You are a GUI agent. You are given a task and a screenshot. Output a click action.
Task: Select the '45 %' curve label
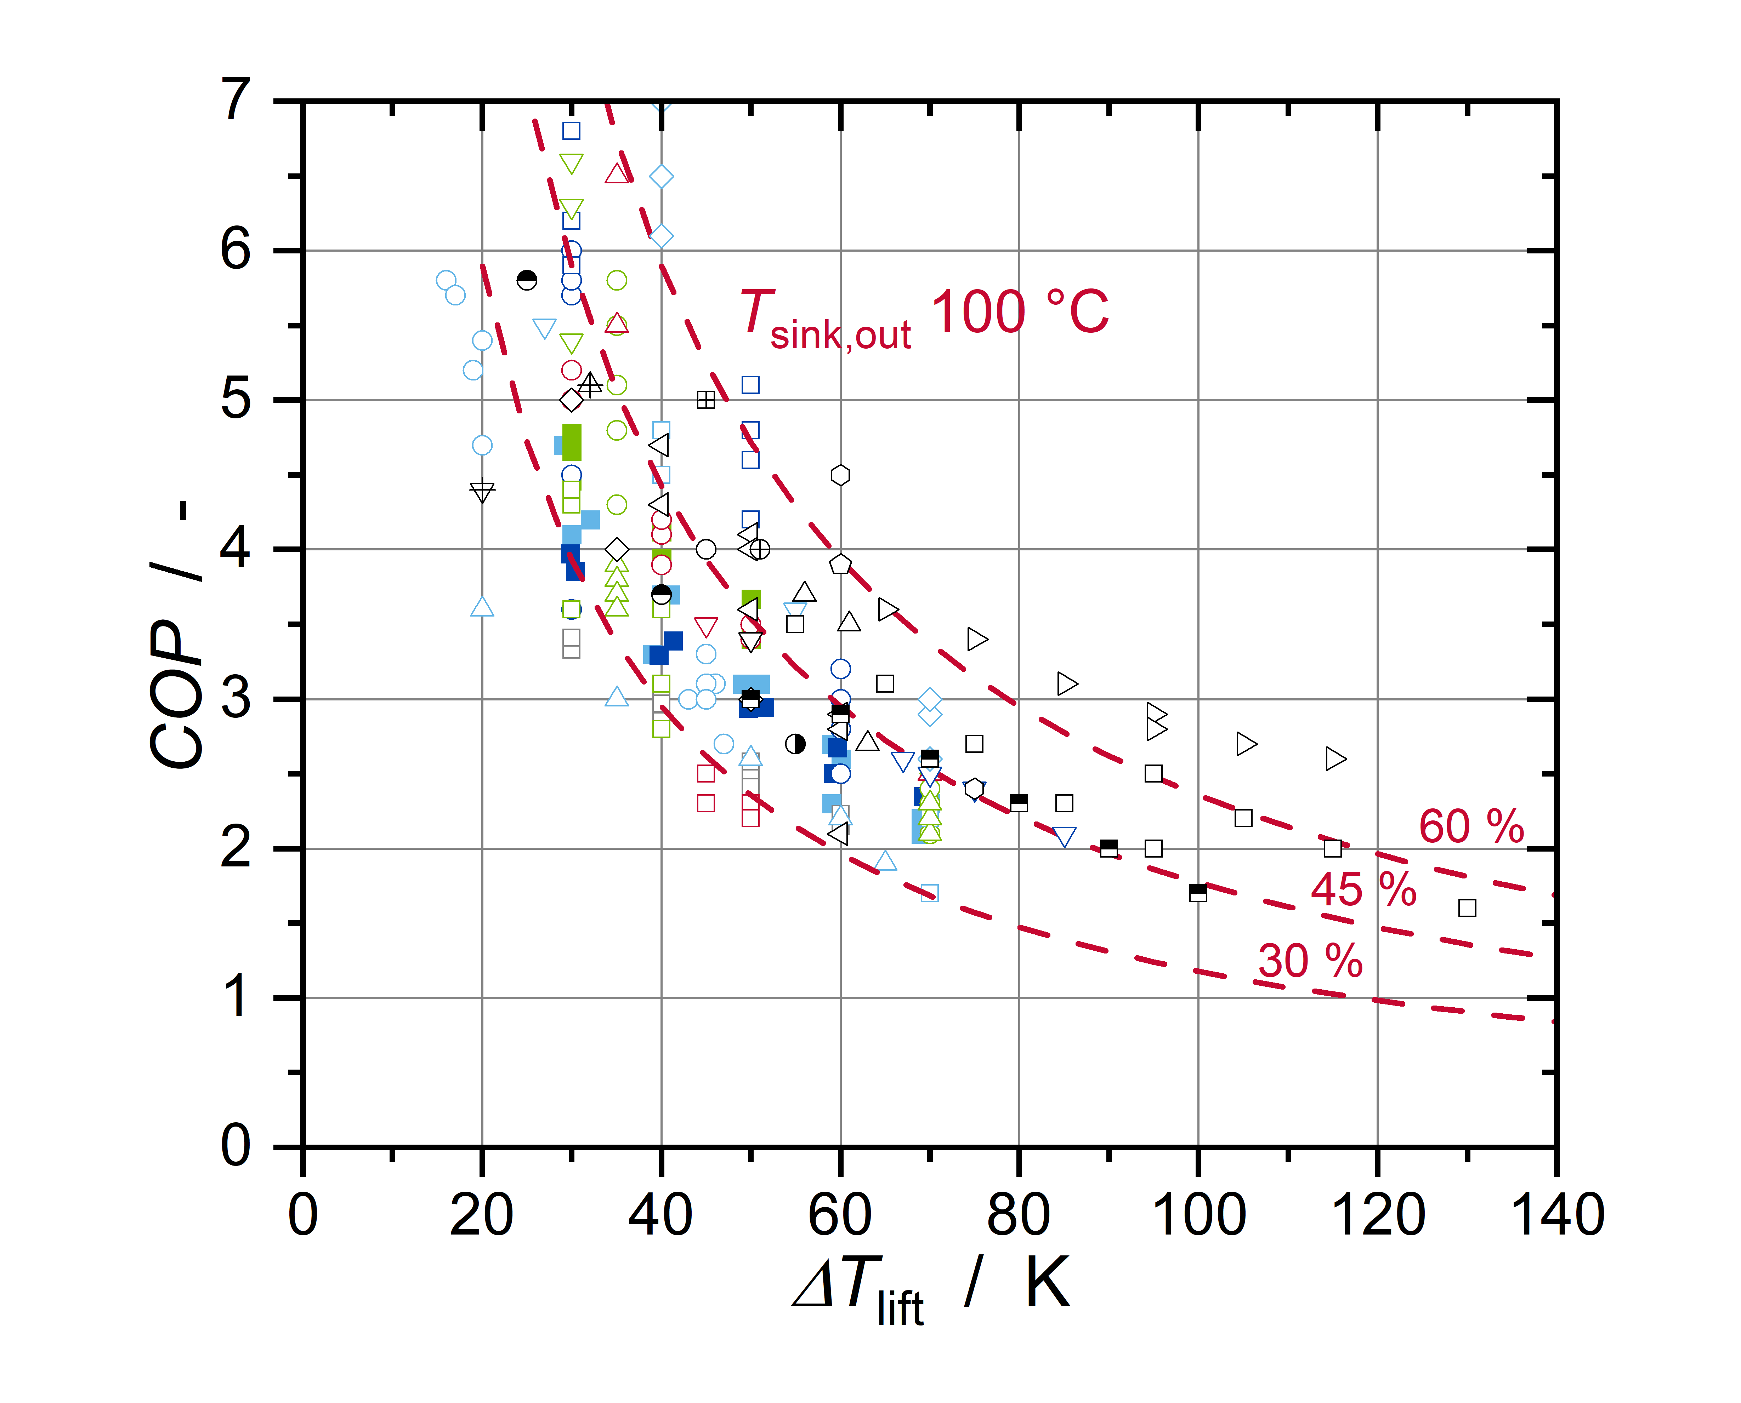coord(1363,890)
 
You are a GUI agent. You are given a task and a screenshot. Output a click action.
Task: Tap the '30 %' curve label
coord(1310,961)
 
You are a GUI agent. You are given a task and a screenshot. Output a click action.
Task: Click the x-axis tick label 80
coord(1019,1215)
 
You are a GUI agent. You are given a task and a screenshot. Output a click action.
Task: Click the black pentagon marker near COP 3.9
coord(840,564)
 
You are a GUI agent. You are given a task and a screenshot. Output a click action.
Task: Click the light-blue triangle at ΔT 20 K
coord(482,607)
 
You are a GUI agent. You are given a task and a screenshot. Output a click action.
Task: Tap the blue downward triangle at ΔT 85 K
coord(1064,836)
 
